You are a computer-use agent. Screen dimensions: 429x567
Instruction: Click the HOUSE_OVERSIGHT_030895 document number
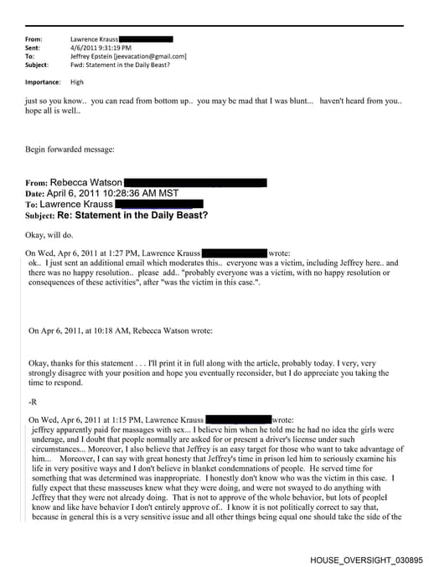[x=366, y=559]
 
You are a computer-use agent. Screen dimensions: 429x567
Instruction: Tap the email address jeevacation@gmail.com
[x=149, y=56]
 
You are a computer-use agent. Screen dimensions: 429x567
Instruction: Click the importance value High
[x=77, y=82]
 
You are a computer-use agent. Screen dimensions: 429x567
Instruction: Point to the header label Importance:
[x=43, y=82]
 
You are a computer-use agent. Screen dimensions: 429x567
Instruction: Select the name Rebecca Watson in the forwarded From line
[x=86, y=182]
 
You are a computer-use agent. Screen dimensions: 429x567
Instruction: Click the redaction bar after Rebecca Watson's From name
[x=196, y=182]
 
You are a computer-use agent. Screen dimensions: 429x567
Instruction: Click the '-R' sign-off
[x=33, y=402]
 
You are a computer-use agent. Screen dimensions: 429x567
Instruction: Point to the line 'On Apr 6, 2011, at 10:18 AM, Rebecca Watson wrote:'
[x=121, y=330]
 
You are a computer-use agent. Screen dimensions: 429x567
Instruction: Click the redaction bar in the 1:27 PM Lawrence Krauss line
[x=234, y=252]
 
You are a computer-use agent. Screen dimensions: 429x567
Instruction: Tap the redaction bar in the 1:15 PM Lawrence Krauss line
[x=238, y=419]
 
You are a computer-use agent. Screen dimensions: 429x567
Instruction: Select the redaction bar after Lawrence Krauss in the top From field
[x=147, y=39]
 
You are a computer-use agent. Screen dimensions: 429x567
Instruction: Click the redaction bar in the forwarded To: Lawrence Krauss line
[x=158, y=204]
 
